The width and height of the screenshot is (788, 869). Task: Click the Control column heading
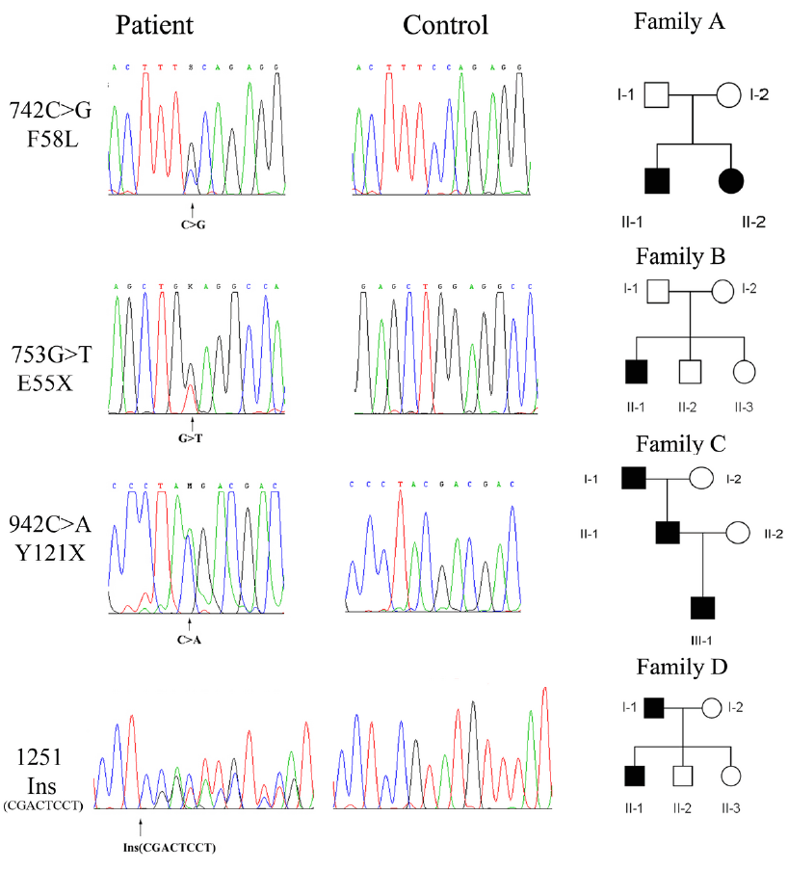pyautogui.click(x=446, y=25)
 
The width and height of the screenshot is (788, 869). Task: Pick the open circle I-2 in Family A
pyautogui.click(x=728, y=96)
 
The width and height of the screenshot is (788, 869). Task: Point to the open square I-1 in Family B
pyautogui.click(x=658, y=289)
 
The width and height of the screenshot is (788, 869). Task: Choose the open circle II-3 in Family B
pyautogui.click(x=742, y=370)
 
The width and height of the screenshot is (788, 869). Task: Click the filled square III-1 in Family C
pyautogui.click(x=703, y=608)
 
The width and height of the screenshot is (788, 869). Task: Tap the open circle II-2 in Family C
pyautogui.click(x=738, y=532)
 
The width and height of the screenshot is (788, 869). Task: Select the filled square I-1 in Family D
pyautogui.click(x=657, y=709)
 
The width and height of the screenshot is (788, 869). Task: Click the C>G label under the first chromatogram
pyautogui.click(x=194, y=224)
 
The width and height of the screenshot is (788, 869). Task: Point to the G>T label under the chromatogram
pyautogui.click(x=194, y=438)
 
